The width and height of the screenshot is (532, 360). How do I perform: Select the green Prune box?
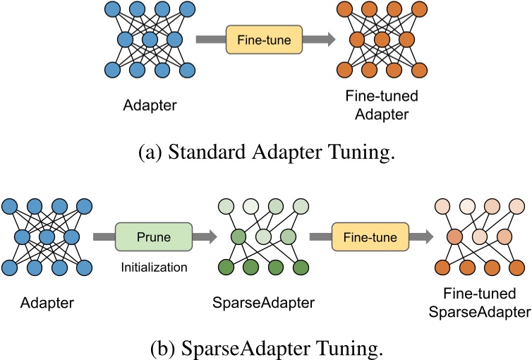click(x=153, y=235)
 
